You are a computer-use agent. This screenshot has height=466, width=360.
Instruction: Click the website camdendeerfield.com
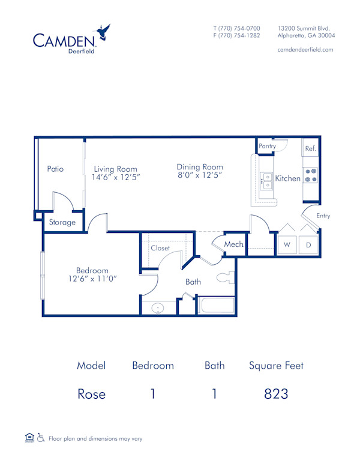coord(306,50)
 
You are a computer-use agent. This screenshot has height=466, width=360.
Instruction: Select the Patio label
coord(55,169)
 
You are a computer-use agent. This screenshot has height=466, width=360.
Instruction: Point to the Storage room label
coord(62,222)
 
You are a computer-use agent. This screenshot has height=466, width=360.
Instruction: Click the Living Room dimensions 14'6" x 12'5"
coord(115,178)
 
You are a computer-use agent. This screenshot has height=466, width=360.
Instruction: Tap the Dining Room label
coord(200,167)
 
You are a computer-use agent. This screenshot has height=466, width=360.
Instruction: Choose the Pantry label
coord(267,146)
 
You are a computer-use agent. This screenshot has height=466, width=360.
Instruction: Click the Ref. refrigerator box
coord(310,148)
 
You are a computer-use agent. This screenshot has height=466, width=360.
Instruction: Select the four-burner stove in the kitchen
coord(310,175)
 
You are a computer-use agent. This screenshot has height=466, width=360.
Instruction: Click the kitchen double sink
coord(266,181)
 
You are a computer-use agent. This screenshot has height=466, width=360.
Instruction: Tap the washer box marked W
coord(287,244)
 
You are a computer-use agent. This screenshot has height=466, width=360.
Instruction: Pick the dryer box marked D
coord(308,244)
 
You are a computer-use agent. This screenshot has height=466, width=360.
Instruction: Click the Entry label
coord(323,216)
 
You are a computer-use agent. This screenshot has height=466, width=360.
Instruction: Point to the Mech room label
coord(233,244)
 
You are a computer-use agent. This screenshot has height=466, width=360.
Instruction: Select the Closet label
coord(160,247)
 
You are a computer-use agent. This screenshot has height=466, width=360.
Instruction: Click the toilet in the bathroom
coord(226,277)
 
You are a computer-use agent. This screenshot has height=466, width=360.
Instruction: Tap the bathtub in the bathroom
coord(217,305)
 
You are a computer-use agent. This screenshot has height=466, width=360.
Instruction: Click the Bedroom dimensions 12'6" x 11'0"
coord(92,279)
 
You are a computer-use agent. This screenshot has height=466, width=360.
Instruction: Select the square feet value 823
coord(277,394)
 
